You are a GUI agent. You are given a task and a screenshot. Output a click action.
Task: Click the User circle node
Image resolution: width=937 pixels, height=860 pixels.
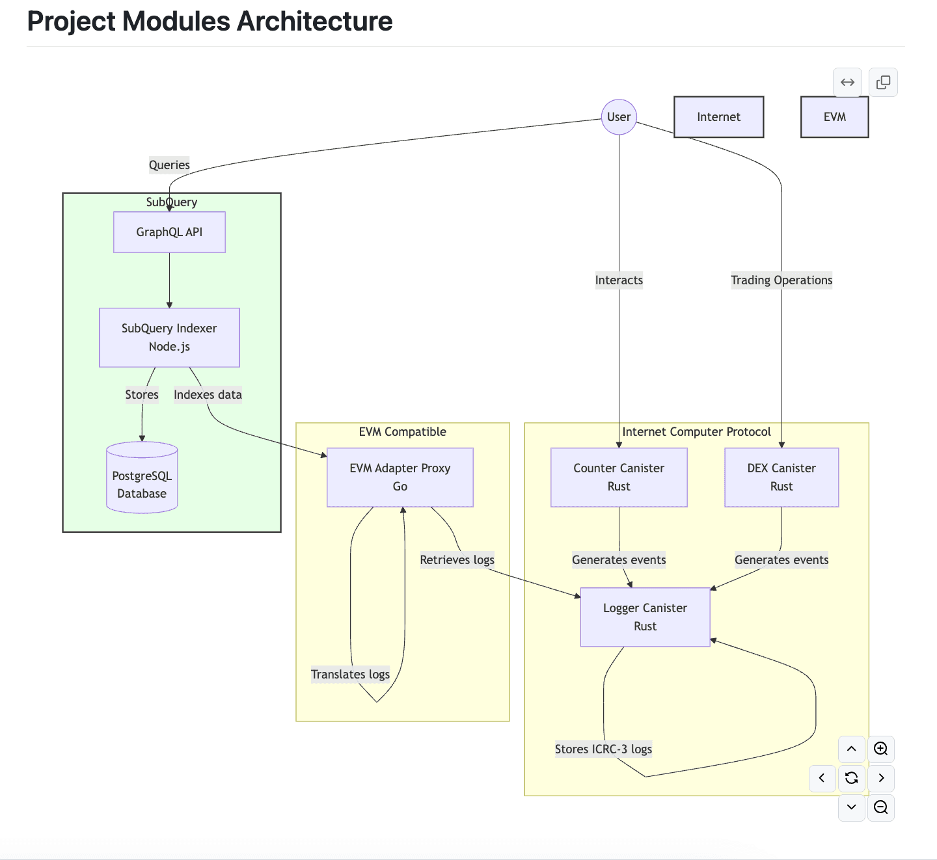click(x=619, y=117)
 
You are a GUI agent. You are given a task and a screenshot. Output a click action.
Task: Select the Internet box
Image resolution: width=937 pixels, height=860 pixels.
click(x=718, y=117)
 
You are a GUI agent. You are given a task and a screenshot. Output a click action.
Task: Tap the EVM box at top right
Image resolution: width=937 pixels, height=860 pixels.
click(x=834, y=117)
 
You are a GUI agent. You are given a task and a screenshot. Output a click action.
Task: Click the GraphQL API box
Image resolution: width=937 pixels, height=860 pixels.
click(x=169, y=232)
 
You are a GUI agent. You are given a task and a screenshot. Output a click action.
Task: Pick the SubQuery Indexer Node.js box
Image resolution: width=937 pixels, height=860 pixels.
click(x=169, y=338)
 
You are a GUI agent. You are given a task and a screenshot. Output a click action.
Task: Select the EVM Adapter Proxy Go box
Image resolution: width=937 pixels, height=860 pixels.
click(x=400, y=477)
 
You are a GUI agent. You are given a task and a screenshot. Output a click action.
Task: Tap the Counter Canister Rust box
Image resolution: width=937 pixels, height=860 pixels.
click(x=619, y=477)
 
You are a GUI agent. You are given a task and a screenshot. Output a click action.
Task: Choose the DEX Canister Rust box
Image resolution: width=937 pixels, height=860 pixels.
click(x=781, y=477)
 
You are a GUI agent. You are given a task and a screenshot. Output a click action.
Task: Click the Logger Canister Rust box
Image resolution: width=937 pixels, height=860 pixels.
click(x=645, y=617)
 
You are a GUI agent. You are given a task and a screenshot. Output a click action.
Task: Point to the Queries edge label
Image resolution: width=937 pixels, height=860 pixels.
click(x=169, y=165)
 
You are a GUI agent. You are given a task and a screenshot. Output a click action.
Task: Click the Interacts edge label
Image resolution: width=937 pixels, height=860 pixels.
click(x=619, y=280)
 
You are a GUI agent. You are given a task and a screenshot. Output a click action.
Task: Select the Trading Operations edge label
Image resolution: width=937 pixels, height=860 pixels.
click(x=781, y=280)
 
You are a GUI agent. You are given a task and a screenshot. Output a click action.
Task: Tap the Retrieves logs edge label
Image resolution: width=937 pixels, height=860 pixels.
click(x=457, y=560)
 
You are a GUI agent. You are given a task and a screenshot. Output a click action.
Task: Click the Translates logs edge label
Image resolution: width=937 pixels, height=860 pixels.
click(x=350, y=675)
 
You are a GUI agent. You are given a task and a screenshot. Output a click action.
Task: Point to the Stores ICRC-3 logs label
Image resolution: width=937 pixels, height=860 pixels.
click(x=603, y=749)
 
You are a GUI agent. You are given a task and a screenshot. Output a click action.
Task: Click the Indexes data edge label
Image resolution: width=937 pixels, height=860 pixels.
click(x=208, y=395)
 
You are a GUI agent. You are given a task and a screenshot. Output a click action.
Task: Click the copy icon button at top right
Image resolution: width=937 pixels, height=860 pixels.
click(x=883, y=83)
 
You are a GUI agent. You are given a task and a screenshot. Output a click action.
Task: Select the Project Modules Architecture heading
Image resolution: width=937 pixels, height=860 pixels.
click(x=210, y=21)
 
